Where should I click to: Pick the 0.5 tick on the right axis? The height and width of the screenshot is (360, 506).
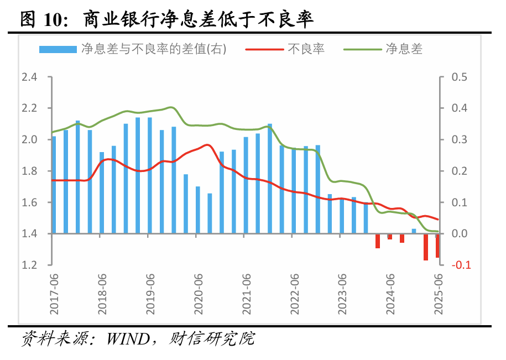460,77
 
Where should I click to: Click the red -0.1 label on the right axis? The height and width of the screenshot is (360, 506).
461,265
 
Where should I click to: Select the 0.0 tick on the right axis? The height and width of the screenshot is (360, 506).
460,234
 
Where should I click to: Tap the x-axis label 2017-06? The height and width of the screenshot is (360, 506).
54,294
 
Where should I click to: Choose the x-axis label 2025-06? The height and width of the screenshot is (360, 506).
439,294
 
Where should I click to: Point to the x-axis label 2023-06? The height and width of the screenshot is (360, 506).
343,294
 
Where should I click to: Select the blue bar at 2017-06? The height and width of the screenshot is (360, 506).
54,185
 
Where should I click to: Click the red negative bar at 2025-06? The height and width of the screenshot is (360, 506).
437,246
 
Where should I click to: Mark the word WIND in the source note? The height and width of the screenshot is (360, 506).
132,338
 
